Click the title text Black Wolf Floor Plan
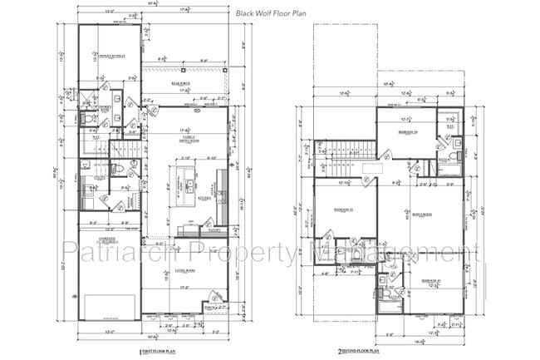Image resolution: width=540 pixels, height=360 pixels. click(x=277, y=13)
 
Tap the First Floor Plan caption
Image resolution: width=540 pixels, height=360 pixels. click(x=158, y=352)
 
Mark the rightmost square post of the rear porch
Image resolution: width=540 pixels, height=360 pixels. click(x=226, y=72)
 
